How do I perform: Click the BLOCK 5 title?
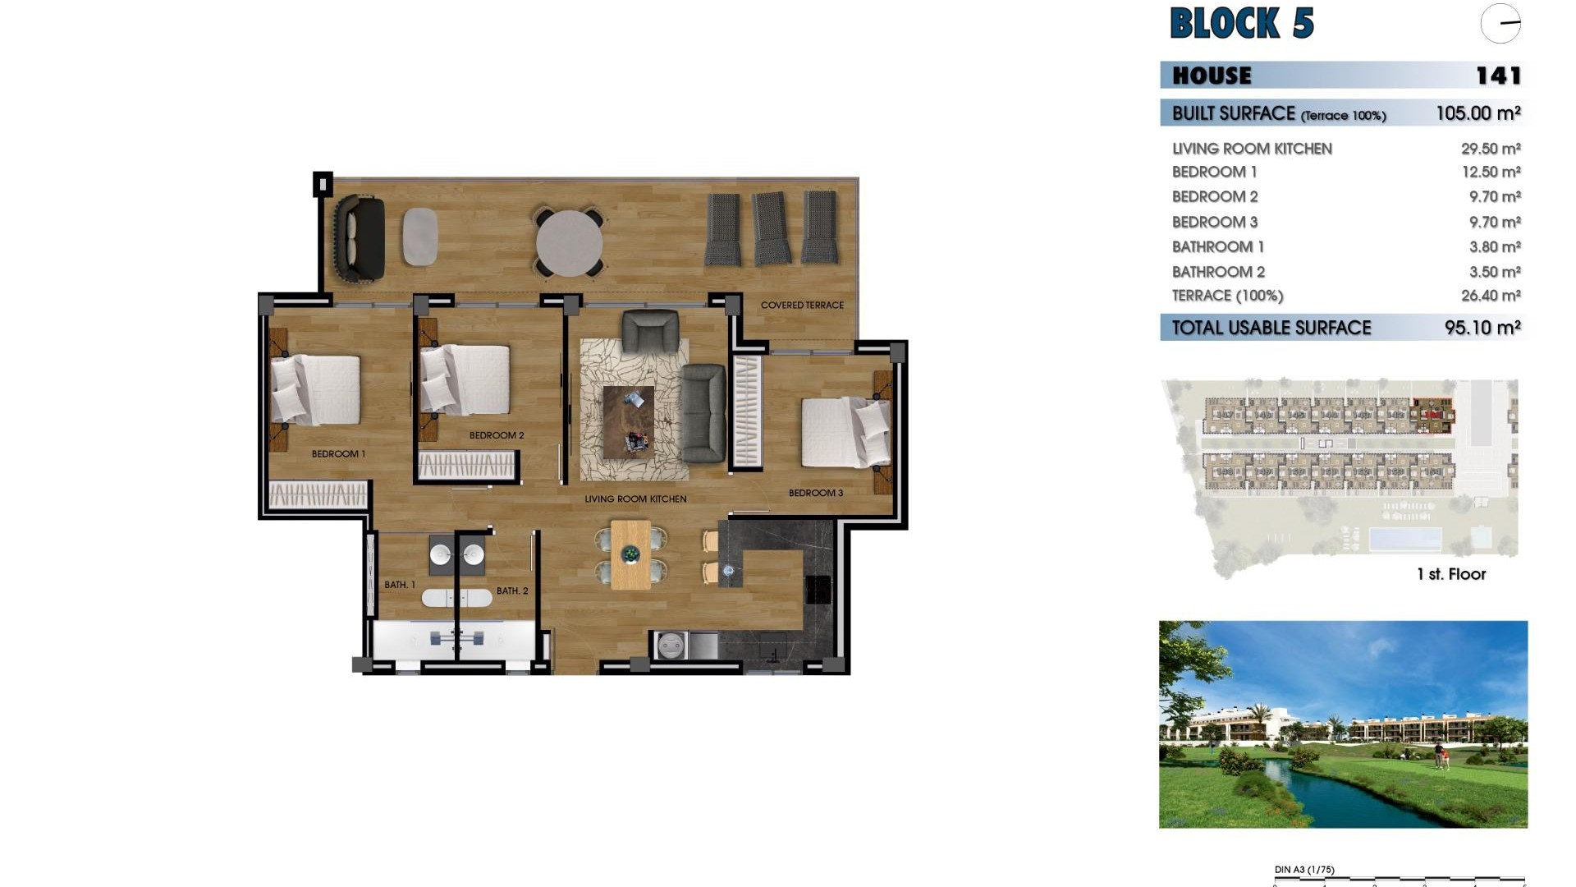tap(1241, 23)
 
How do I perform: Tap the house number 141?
tap(1498, 76)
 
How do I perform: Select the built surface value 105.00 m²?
tap(1477, 113)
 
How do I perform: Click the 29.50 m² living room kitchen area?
tap(1490, 149)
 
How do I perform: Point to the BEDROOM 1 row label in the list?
tap(1214, 172)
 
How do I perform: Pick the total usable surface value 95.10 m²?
tap(1482, 328)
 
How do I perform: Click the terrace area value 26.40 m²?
tap(1490, 296)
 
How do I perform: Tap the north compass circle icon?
tap(1500, 24)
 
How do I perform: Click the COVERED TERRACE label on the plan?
tap(802, 305)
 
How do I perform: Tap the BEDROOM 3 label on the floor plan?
tap(815, 493)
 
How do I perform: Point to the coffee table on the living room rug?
tap(628, 421)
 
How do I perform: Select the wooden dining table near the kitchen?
tap(630, 554)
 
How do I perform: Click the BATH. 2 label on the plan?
tap(512, 591)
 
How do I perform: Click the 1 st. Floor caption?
tap(1450, 574)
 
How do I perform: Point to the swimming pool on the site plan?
tap(1404, 540)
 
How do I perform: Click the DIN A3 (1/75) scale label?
tap(1303, 870)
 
